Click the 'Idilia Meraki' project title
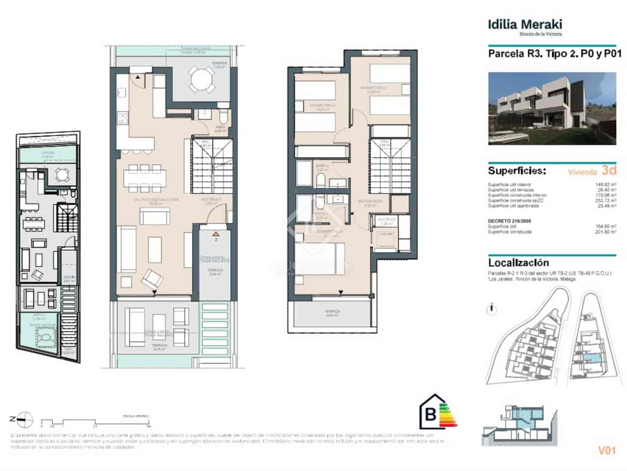(525, 24)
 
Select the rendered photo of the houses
(552, 108)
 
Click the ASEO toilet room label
(221, 128)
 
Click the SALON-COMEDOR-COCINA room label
(156, 201)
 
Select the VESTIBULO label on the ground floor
(211, 201)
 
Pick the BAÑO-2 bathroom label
(322, 168)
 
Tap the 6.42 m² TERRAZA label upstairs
(332, 313)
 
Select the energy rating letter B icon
(431, 414)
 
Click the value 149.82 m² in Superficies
(605, 184)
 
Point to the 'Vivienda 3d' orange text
(592, 171)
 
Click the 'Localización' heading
(518, 263)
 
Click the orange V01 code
(607, 450)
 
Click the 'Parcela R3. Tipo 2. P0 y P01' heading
(554, 54)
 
